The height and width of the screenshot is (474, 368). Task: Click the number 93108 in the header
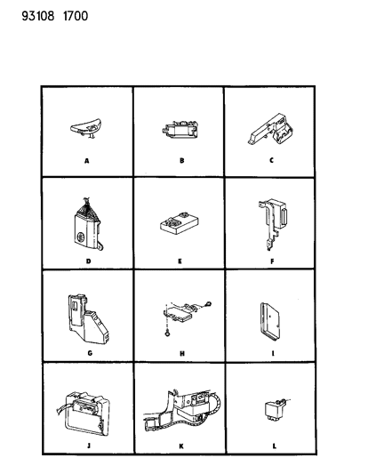pyautogui.click(x=38, y=16)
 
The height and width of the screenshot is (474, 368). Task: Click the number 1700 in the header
pyautogui.click(x=76, y=16)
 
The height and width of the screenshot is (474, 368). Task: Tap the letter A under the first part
pyautogui.click(x=87, y=161)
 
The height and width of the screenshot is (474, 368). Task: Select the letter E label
pyautogui.click(x=180, y=261)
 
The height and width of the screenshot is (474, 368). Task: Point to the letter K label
pyautogui.click(x=181, y=446)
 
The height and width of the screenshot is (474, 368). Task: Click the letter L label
pyautogui.click(x=274, y=446)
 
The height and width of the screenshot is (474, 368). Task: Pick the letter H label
pyautogui.click(x=182, y=353)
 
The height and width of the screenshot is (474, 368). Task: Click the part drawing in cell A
pyautogui.click(x=85, y=128)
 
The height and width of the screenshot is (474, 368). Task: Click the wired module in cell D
pyautogui.click(x=88, y=224)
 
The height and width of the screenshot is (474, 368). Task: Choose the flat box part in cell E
pyautogui.click(x=180, y=224)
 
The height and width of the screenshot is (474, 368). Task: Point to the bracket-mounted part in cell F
pyautogui.click(x=273, y=224)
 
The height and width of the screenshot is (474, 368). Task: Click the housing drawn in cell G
pyautogui.click(x=88, y=319)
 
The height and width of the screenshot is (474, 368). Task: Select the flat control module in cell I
pyautogui.click(x=270, y=322)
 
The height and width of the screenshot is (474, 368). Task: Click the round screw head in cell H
pyautogui.click(x=167, y=333)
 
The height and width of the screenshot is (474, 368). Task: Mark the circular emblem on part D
pyautogui.click(x=81, y=237)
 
